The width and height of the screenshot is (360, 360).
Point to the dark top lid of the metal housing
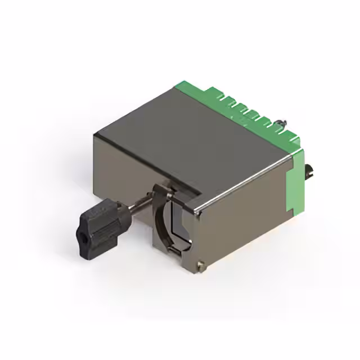pyautogui.click(x=186, y=141)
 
